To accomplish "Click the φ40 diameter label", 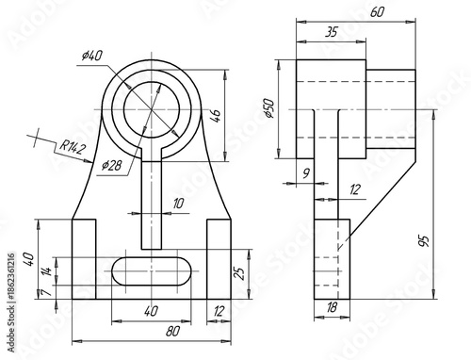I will (x=91, y=56).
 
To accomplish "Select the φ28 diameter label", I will (x=111, y=165).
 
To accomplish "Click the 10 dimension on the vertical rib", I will (x=179, y=203).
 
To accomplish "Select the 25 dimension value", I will (x=239, y=272).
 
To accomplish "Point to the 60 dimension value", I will (x=377, y=11).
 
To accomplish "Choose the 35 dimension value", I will (x=331, y=31).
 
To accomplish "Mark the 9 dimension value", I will (x=305, y=172).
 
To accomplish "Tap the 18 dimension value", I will (x=331, y=308).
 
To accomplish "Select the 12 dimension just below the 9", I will (x=354, y=190).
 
